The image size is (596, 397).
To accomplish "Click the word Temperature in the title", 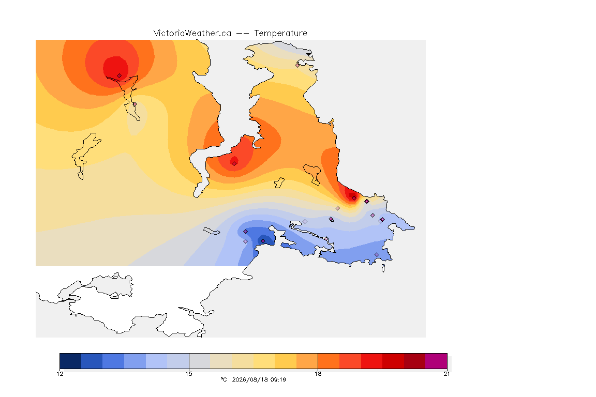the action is click(280, 34).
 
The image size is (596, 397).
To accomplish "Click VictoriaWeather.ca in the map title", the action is click(192, 34).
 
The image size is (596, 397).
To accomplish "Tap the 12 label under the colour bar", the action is click(60, 374).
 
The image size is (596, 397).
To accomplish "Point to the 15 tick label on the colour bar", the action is click(189, 374).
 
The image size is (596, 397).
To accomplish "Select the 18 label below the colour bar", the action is click(318, 374).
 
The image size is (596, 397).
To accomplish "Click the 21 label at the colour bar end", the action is click(446, 374).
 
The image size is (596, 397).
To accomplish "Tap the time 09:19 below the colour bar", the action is click(278, 379).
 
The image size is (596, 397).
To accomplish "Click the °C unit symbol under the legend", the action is click(224, 379).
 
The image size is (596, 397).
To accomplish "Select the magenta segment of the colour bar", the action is click(436, 361).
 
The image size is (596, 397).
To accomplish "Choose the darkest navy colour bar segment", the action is click(70, 361).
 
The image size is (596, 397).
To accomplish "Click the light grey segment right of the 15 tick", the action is click(200, 361).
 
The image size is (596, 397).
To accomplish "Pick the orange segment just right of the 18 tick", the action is click(329, 361).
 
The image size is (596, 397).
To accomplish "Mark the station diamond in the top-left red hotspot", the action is click(120, 76).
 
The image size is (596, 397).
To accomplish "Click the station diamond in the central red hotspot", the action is click(234, 164).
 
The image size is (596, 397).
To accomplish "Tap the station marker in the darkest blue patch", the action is click(263, 241).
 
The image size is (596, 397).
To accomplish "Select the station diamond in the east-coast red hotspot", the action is click(354, 198).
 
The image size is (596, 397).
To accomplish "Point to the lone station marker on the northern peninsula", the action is click(297, 65).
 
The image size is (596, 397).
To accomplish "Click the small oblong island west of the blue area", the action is click(212, 231).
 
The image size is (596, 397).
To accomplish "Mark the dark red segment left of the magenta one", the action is click(415, 361).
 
